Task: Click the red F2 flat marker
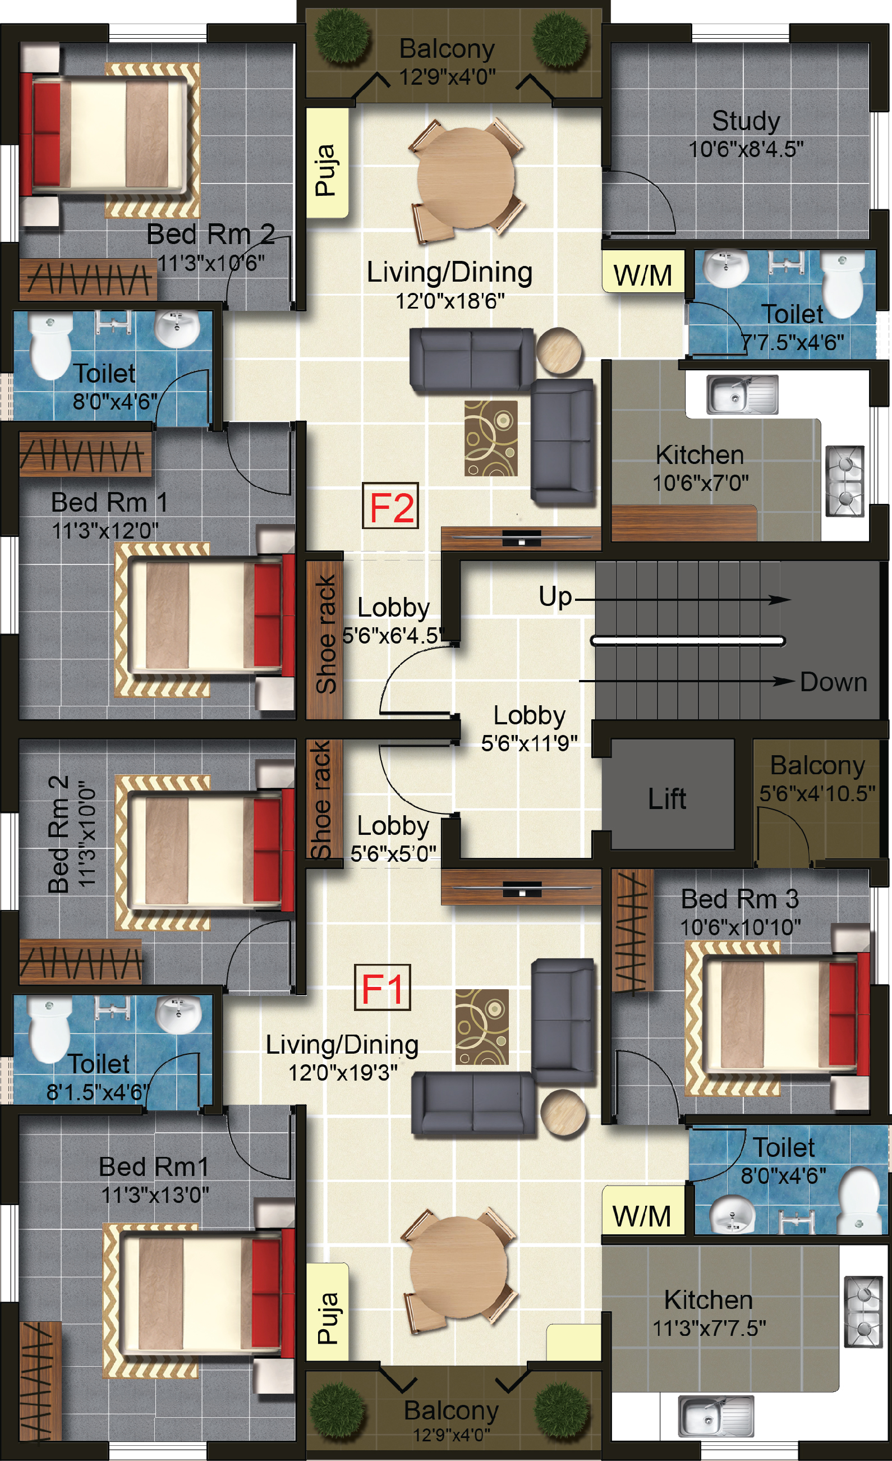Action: click(x=390, y=506)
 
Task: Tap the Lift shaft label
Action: click(x=667, y=799)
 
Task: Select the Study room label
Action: click(x=746, y=121)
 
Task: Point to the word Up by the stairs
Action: click(x=555, y=596)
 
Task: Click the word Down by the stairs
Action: click(x=833, y=682)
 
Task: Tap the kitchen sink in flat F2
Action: click(x=742, y=394)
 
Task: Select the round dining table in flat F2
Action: click(x=466, y=177)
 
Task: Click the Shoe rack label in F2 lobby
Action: click(x=325, y=634)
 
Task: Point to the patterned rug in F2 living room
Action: click(x=491, y=438)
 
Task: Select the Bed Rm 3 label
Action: click(x=739, y=899)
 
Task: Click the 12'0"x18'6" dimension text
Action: click(x=450, y=301)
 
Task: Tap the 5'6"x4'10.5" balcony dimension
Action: click(x=817, y=793)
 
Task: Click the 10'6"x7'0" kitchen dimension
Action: click(x=701, y=483)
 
